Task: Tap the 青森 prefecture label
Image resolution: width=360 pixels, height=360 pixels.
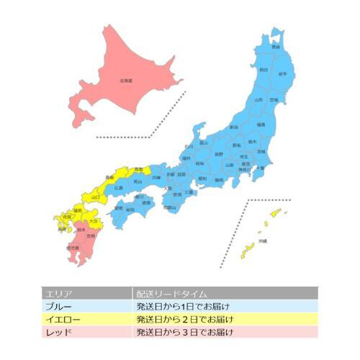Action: click(276, 47)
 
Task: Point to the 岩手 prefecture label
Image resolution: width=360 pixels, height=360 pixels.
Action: click(283, 73)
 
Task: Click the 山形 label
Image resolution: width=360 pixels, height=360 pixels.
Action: click(258, 100)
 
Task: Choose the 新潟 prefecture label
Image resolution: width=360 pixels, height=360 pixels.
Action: click(233, 127)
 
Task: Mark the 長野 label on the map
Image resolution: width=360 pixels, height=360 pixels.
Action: click(219, 153)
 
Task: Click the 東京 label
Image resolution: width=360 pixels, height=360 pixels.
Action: click(246, 164)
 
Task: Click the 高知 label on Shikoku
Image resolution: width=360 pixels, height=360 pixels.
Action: click(129, 210)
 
